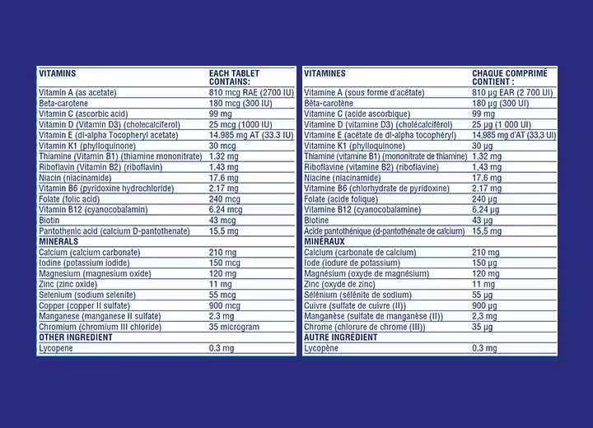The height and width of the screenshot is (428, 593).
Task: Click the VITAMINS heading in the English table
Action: pos(58,73)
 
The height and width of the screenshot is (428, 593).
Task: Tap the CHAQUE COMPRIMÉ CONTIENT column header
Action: pos(503,77)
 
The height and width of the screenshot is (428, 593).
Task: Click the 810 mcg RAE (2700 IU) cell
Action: pos(250,93)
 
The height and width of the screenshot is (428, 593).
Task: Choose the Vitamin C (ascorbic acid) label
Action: pos(83,114)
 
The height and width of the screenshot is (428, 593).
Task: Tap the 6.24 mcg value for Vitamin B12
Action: pos(226,210)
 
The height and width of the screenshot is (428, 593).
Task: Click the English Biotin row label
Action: pos(49,221)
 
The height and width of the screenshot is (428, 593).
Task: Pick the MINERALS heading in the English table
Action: pos(58,242)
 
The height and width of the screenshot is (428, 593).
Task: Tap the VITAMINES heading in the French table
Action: pos(325,73)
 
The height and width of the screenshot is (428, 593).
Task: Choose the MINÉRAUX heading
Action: pos(325,242)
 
